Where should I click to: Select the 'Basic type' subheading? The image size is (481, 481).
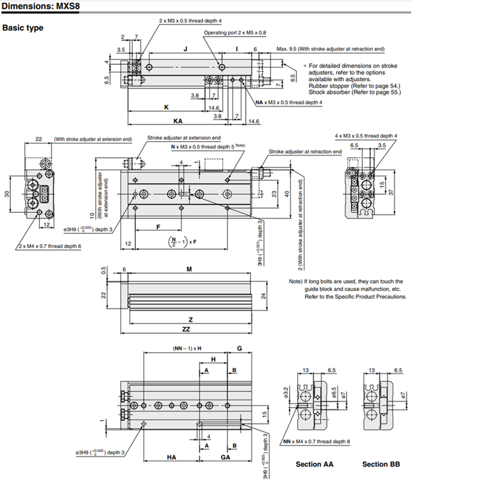[x=23, y=28]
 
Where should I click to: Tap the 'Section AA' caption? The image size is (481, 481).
[x=314, y=464]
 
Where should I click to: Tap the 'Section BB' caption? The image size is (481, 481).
[x=381, y=464]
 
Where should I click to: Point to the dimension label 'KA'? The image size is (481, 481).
[x=178, y=120]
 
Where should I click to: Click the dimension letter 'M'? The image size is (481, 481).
[x=189, y=269]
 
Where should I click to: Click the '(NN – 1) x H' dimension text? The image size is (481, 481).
[x=183, y=349]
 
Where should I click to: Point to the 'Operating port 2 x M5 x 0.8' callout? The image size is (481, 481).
[x=234, y=32]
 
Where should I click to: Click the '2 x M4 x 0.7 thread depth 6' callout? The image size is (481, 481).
[x=49, y=246]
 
